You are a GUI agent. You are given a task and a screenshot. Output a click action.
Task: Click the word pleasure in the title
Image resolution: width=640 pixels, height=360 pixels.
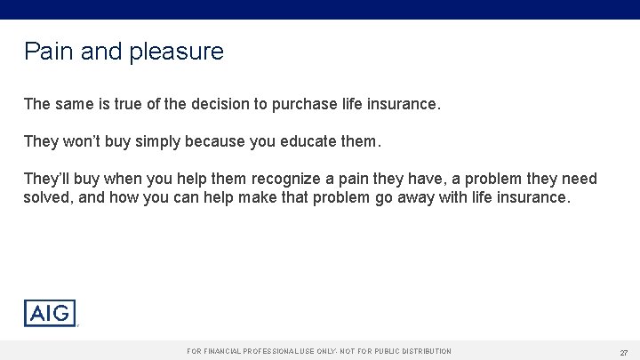[177, 52]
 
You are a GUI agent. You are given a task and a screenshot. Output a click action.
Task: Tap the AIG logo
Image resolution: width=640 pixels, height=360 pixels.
[50, 313]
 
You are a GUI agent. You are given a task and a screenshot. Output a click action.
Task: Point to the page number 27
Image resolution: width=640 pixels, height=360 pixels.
[624, 352]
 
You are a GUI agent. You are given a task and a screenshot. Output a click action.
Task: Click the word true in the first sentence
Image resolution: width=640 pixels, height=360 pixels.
[127, 105]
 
